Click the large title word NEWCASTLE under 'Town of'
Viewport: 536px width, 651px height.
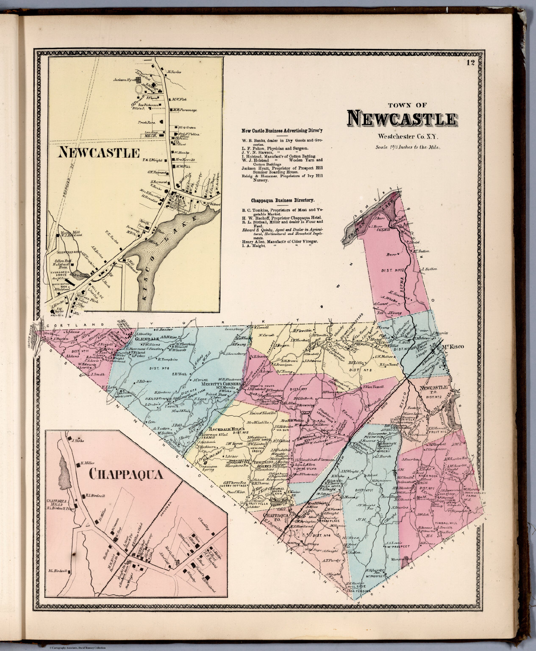tap(403, 119)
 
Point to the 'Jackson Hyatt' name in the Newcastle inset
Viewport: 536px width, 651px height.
tap(124, 79)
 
